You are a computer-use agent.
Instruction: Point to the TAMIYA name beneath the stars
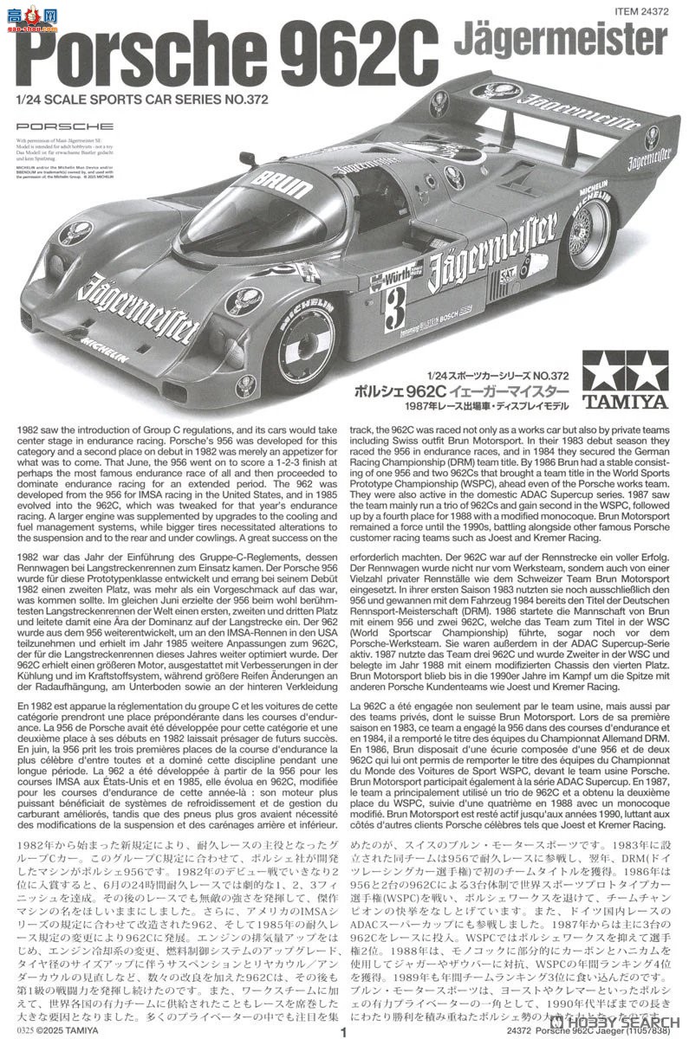[630, 401]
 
